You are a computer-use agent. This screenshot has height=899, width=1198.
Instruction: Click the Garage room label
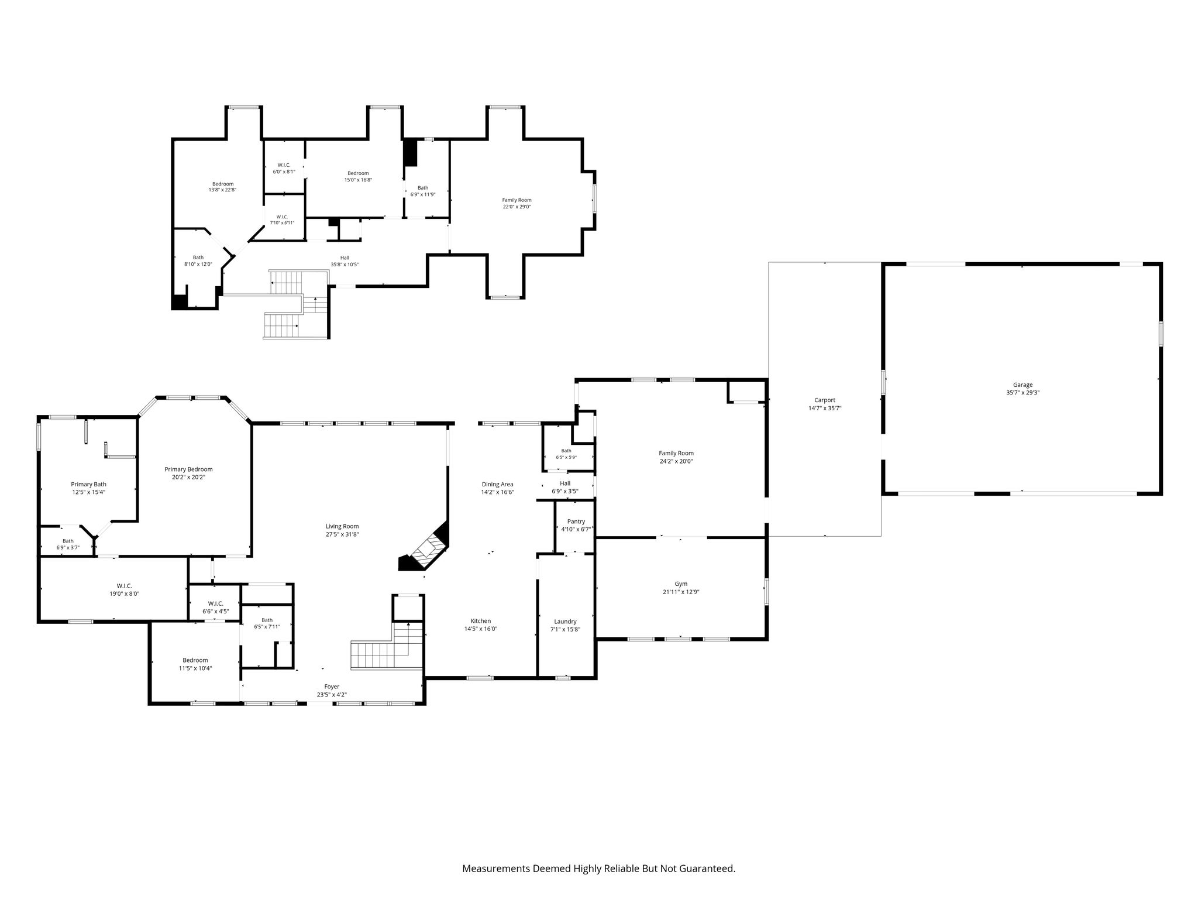pyautogui.click(x=1023, y=385)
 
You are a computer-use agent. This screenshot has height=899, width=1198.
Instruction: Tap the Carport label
pyautogui.click(x=825, y=400)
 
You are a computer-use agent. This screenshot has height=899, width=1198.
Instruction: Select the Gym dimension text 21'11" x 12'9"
pyautogui.click(x=681, y=592)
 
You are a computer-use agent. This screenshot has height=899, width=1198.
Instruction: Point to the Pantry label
pyautogui.click(x=576, y=521)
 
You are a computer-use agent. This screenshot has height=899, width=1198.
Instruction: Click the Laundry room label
pyautogui.click(x=565, y=622)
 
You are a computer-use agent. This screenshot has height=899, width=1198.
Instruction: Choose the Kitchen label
pyautogui.click(x=481, y=621)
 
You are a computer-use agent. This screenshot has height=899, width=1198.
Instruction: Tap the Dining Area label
pyautogui.click(x=497, y=484)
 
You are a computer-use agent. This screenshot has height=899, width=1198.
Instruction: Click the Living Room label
pyautogui.click(x=342, y=526)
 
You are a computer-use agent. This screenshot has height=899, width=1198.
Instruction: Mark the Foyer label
pyautogui.click(x=332, y=687)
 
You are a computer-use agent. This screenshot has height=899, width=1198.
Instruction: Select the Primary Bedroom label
pyautogui.click(x=188, y=469)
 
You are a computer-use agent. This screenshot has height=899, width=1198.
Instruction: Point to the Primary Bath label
pyautogui.click(x=88, y=484)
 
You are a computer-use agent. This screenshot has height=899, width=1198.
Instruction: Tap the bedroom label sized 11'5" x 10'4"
pyautogui.click(x=195, y=660)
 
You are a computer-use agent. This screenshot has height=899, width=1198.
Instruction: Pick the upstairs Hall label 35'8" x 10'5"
pyautogui.click(x=345, y=258)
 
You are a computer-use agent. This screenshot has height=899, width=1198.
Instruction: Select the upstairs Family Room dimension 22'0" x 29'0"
pyautogui.click(x=517, y=207)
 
